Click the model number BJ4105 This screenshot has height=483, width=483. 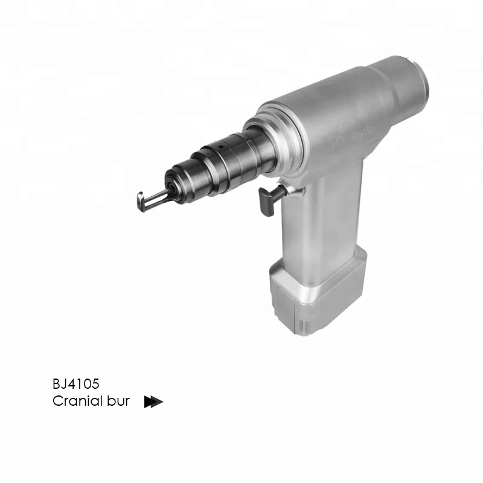click(75, 383)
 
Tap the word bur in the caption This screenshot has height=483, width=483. click(117, 401)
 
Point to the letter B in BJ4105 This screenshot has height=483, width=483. click(56, 383)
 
